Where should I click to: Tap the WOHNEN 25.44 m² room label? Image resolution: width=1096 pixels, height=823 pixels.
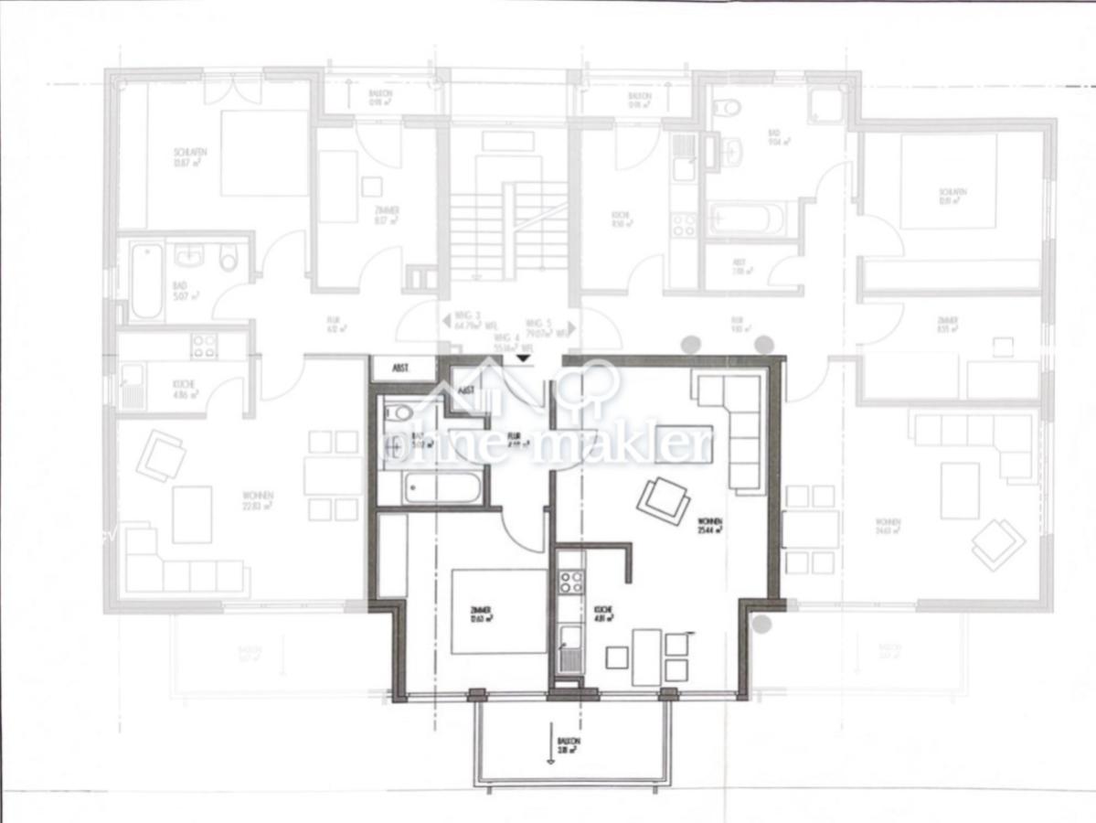coord(710,524)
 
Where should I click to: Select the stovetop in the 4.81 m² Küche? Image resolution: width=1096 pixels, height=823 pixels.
coord(571,583)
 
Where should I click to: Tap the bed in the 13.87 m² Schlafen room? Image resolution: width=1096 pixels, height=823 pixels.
coord(263,153)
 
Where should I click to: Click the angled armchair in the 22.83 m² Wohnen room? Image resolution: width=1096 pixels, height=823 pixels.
coord(161,454)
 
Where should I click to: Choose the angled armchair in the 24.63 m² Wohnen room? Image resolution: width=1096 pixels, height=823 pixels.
coord(997,544)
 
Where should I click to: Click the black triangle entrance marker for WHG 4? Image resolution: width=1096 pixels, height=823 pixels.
coord(521,358)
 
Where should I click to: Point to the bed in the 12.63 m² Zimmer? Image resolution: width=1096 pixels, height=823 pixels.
coord(498,611)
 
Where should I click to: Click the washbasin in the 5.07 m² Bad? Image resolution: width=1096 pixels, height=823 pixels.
coord(191,253)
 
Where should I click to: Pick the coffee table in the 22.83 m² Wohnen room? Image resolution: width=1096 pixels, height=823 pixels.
coord(192,514)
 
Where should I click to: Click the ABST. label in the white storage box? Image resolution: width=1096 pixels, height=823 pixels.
coord(400,369)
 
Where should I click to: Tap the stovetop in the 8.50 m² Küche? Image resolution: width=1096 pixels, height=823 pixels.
coord(684,224)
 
